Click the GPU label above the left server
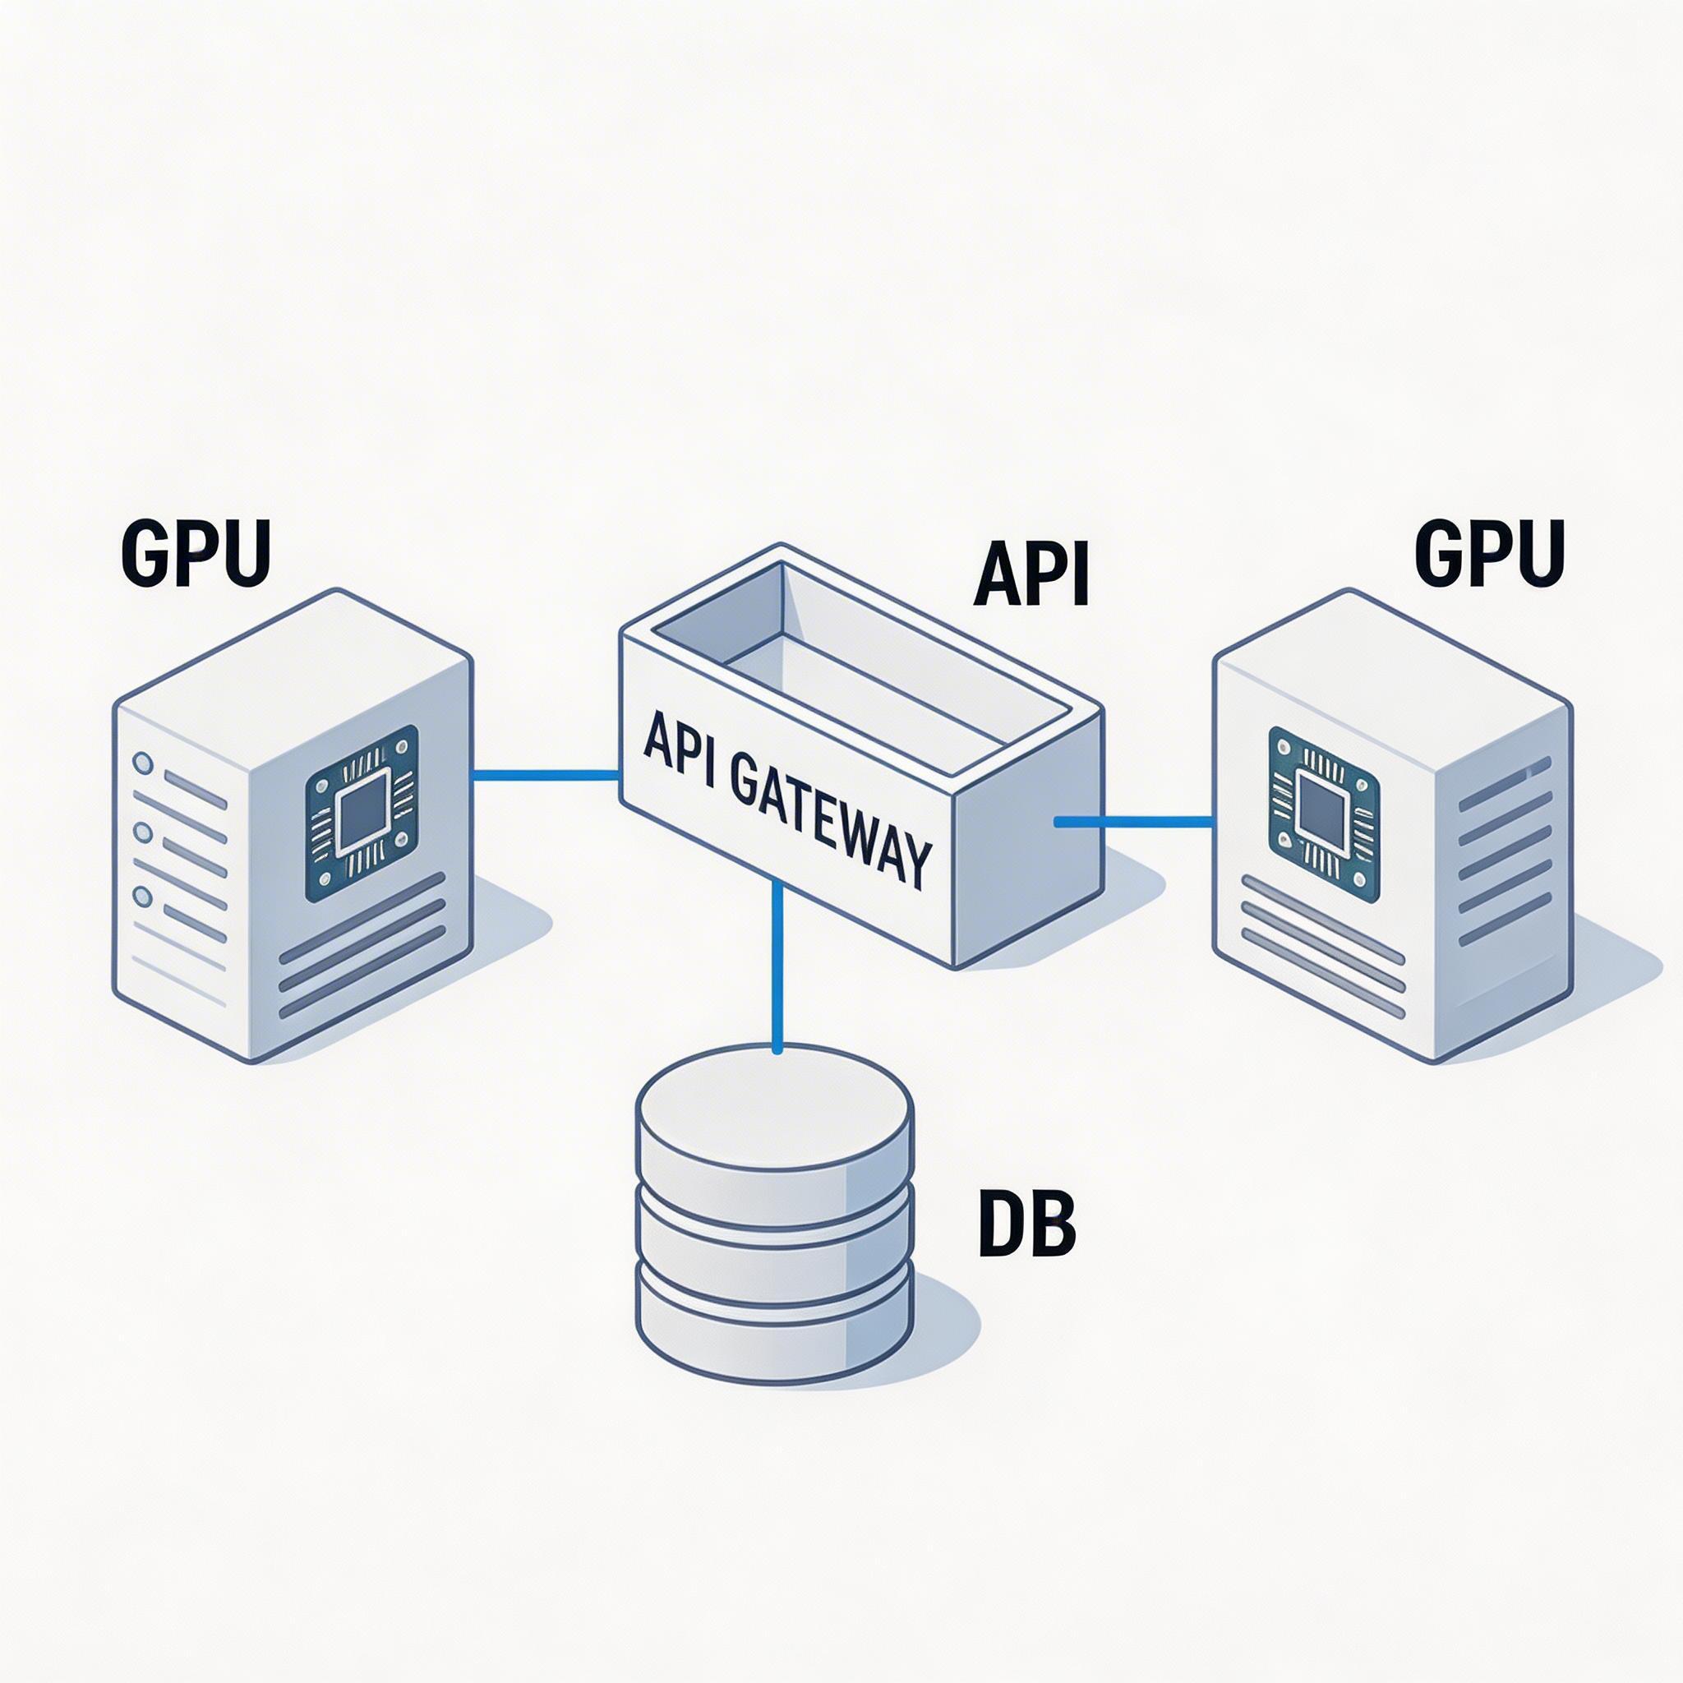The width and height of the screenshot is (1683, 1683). pos(196,553)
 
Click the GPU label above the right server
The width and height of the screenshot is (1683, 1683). pos(1489,553)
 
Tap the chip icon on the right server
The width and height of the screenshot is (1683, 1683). pos(1323,814)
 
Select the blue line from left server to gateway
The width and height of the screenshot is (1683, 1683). pos(546,773)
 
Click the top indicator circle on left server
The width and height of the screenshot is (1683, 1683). pos(143,764)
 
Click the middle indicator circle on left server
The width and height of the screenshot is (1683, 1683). pos(143,832)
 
